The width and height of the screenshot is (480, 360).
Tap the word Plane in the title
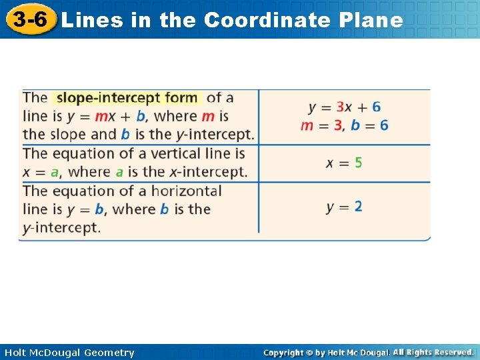click(371, 21)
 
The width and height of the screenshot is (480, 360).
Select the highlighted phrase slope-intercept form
click(127, 98)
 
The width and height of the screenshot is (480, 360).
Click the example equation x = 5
click(344, 163)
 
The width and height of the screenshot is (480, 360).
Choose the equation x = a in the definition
click(41, 172)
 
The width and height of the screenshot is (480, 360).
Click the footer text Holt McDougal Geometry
click(68, 353)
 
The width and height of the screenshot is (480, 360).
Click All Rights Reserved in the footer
click(433, 352)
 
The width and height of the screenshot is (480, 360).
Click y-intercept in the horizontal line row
click(61, 228)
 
